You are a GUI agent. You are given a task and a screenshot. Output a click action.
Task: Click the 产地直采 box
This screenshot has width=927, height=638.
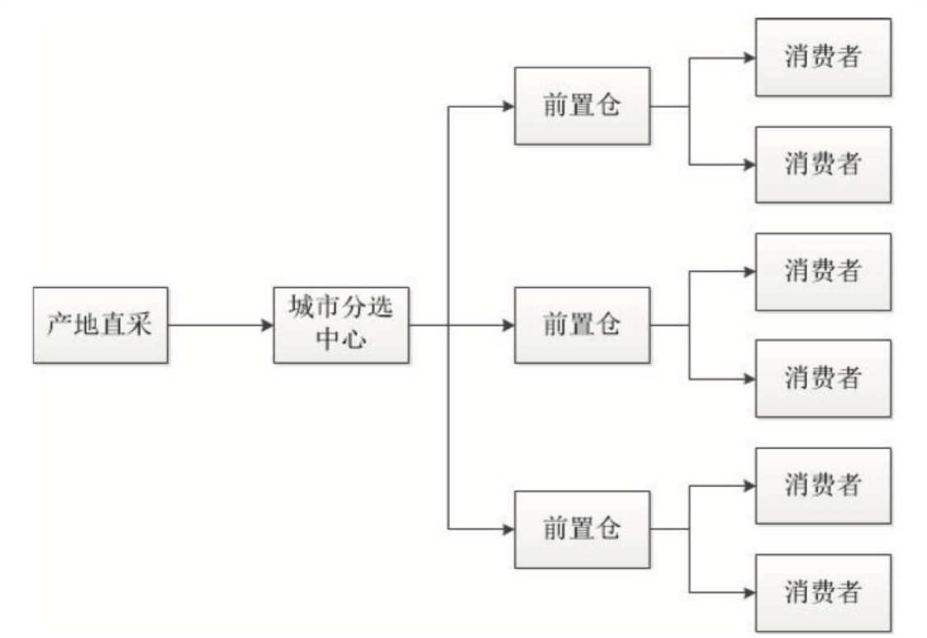click(x=100, y=325)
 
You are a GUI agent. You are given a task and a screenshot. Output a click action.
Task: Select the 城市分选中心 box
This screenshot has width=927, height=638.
click(x=341, y=325)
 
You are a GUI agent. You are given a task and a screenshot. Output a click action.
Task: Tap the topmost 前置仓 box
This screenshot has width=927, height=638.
click(x=582, y=106)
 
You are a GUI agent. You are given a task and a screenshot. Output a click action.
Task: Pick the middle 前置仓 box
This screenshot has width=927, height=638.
click(x=582, y=325)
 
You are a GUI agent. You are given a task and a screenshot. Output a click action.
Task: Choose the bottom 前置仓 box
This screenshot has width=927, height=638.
click(x=582, y=529)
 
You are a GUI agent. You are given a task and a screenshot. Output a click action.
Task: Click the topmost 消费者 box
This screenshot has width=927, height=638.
click(x=822, y=58)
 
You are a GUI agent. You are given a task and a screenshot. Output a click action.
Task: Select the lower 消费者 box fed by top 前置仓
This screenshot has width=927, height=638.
click(x=822, y=165)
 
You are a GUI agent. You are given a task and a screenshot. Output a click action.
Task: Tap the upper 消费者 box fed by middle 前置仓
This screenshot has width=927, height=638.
click(x=822, y=272)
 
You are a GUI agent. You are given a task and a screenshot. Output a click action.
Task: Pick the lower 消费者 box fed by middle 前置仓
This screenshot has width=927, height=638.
click(x=822, y=379)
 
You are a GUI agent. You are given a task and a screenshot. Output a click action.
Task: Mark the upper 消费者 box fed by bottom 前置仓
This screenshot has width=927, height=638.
click(x=822, y=486)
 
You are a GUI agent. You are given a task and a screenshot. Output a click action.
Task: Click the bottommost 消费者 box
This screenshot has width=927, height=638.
click(x=822, y=593)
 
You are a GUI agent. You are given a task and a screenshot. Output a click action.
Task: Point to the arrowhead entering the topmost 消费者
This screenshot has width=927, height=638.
click(x=749, y=58)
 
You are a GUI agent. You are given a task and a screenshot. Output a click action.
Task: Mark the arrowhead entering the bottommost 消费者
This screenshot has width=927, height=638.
click(x=749, y=593)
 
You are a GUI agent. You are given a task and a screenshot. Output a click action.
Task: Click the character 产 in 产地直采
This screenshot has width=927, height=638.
click(x=59, y=326)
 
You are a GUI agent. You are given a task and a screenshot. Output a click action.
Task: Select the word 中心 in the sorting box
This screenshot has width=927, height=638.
click(x=341, y=340)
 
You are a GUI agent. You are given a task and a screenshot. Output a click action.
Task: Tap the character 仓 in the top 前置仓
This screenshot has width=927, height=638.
click(x=607, y=107)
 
